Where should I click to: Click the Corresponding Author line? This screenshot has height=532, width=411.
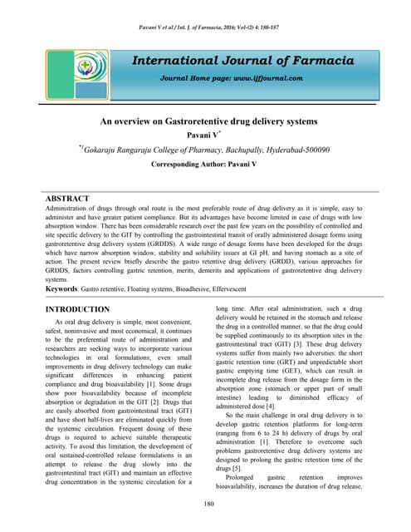click(206, 165)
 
